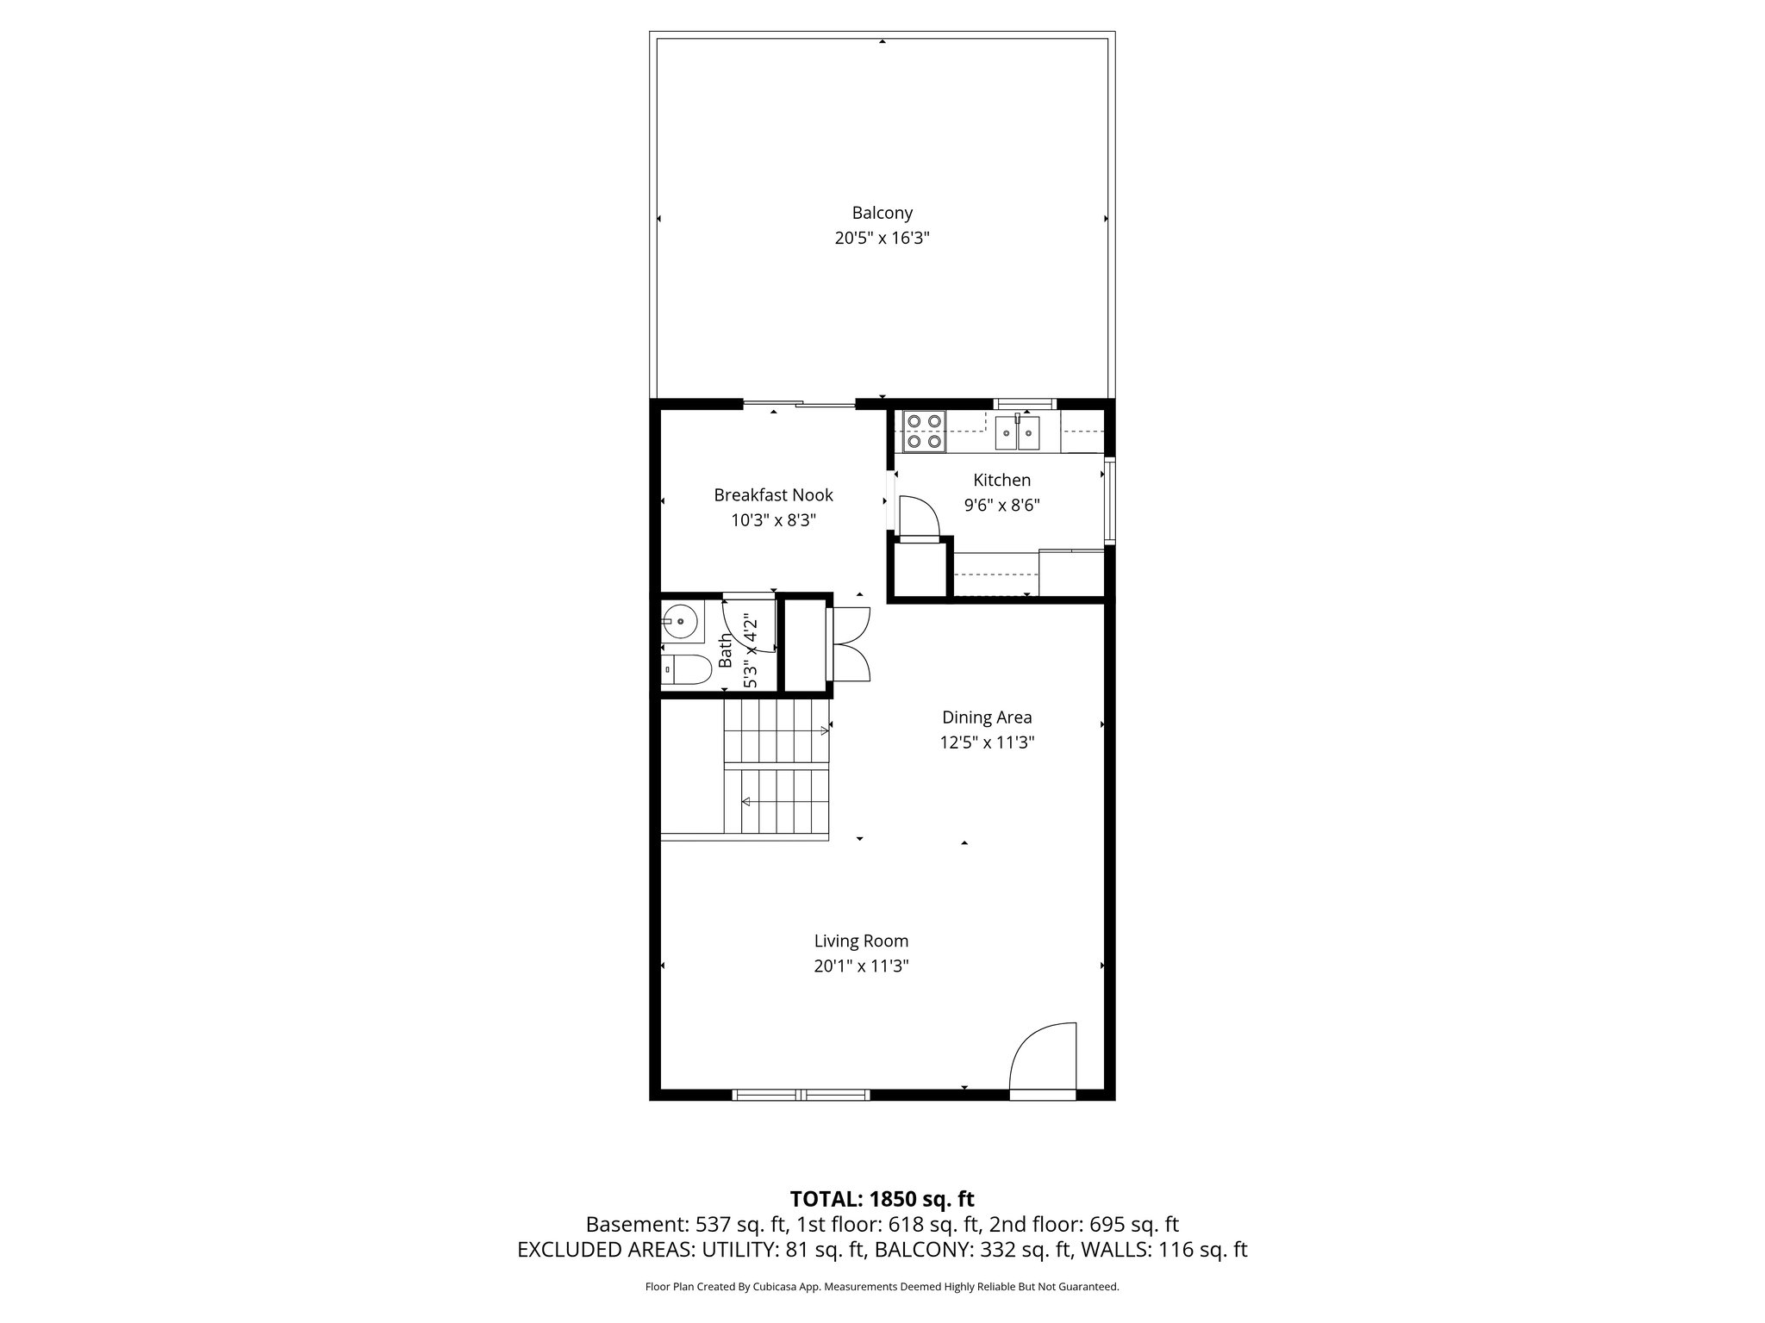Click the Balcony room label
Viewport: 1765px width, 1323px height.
(x=882, y=213)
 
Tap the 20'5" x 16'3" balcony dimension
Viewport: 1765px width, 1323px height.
(x=882, y=239)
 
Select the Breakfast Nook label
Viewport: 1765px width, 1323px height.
(x=773, y=495)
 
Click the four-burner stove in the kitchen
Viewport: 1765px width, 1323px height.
(x=924, y=432)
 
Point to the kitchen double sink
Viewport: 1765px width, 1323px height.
(x=1018, y=432)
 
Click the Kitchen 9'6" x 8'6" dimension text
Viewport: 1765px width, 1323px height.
(x=1001, y=506)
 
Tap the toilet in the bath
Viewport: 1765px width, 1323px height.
(x=684, y=670)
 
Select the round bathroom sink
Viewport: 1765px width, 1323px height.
(x=680, y=620)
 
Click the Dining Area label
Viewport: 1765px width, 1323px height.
(x=986, y=717)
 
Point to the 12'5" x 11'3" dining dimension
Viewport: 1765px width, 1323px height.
(x=986, y=742)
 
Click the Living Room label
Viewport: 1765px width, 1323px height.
(x=861, y=941)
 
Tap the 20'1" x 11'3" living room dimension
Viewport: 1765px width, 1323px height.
(x=861, y=966)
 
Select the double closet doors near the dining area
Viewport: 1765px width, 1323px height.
(x=850, y=644)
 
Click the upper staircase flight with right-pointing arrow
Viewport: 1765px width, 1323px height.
(x=776, y=730)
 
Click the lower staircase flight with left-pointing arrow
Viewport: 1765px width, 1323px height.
(x=776, y=802)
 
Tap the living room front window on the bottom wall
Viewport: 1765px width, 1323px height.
(x=801, y=1095)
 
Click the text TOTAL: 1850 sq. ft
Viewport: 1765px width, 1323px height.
(x=882, y=1199)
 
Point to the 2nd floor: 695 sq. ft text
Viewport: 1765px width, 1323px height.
(x=1083, y=1225)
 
